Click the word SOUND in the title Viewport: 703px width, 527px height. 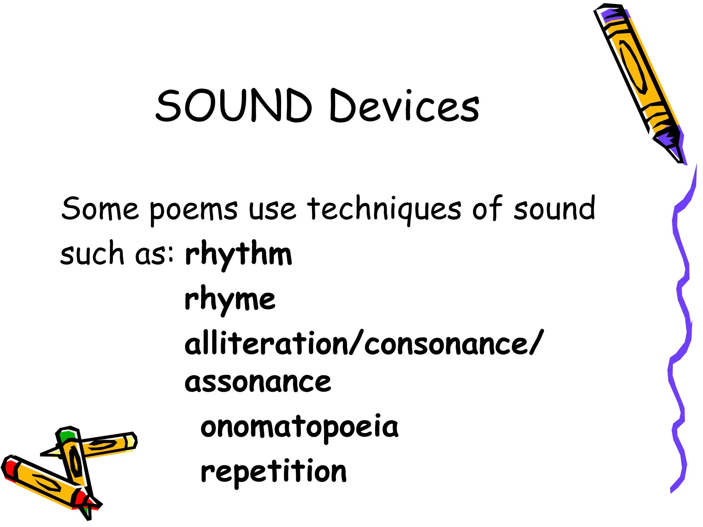click(233, 106)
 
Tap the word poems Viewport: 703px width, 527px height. click(193, 210)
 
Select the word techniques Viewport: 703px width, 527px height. click(384, 209)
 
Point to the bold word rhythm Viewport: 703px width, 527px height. click(238, 255)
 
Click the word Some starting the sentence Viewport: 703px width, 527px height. click(100, 209)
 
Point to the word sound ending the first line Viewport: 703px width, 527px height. click(554, 209)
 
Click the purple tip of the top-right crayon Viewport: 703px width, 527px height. click(669, 139)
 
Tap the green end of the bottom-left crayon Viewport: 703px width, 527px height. click(66, 436)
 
